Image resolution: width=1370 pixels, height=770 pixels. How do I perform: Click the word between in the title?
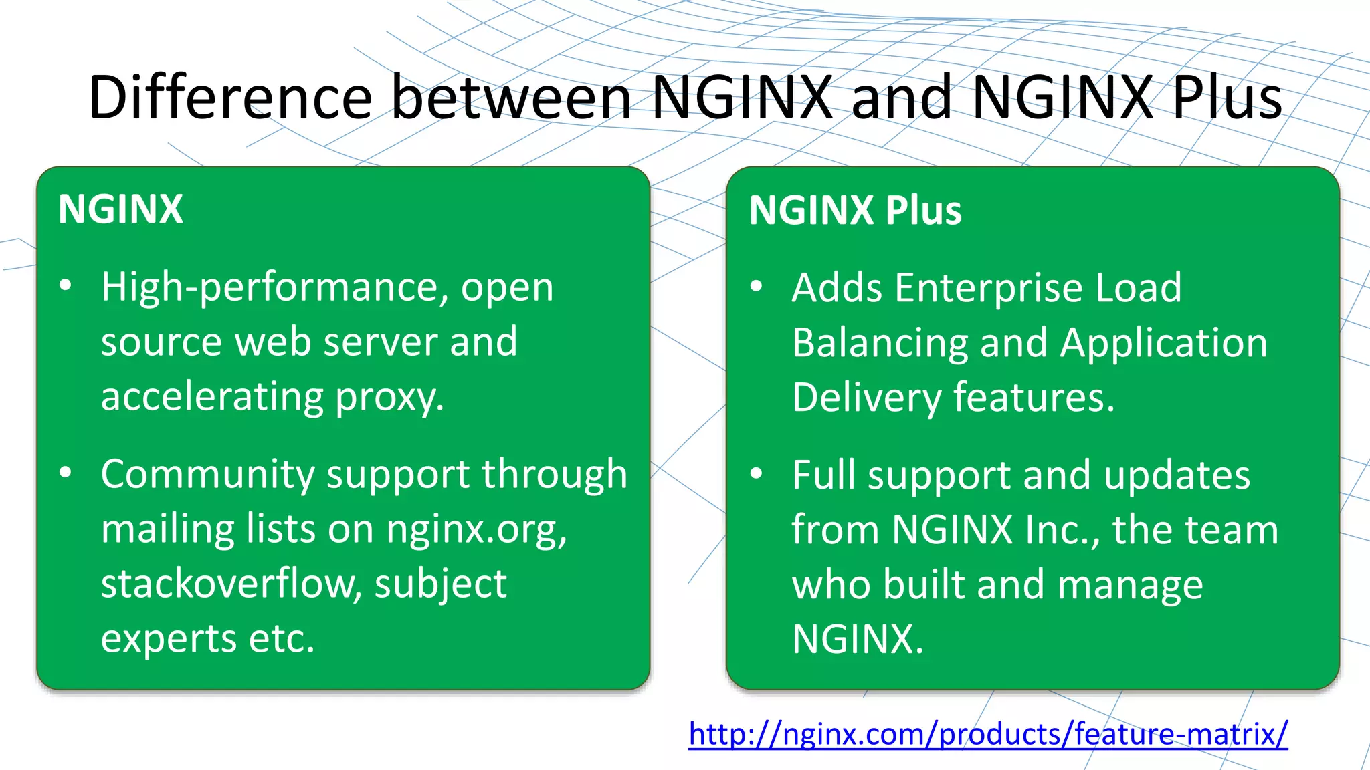click(511, 98)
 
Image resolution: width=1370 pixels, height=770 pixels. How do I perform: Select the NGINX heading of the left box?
click(120, 209)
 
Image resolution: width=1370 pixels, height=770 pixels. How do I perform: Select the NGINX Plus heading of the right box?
click(855, 211)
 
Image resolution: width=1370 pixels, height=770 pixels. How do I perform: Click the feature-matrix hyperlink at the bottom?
click(988, 734)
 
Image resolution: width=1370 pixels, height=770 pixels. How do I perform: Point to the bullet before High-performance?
click(66, 286)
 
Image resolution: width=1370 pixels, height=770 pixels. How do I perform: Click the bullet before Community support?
click(66, 473)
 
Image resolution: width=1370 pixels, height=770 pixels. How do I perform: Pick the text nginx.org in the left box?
click(476, 529)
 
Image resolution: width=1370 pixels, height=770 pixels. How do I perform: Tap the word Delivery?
click(866, 398)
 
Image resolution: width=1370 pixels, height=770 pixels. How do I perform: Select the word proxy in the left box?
click(389, 397)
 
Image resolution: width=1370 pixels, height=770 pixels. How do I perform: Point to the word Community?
click(207, 475)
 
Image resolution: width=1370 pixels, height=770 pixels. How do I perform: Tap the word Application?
click(1163, 344)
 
